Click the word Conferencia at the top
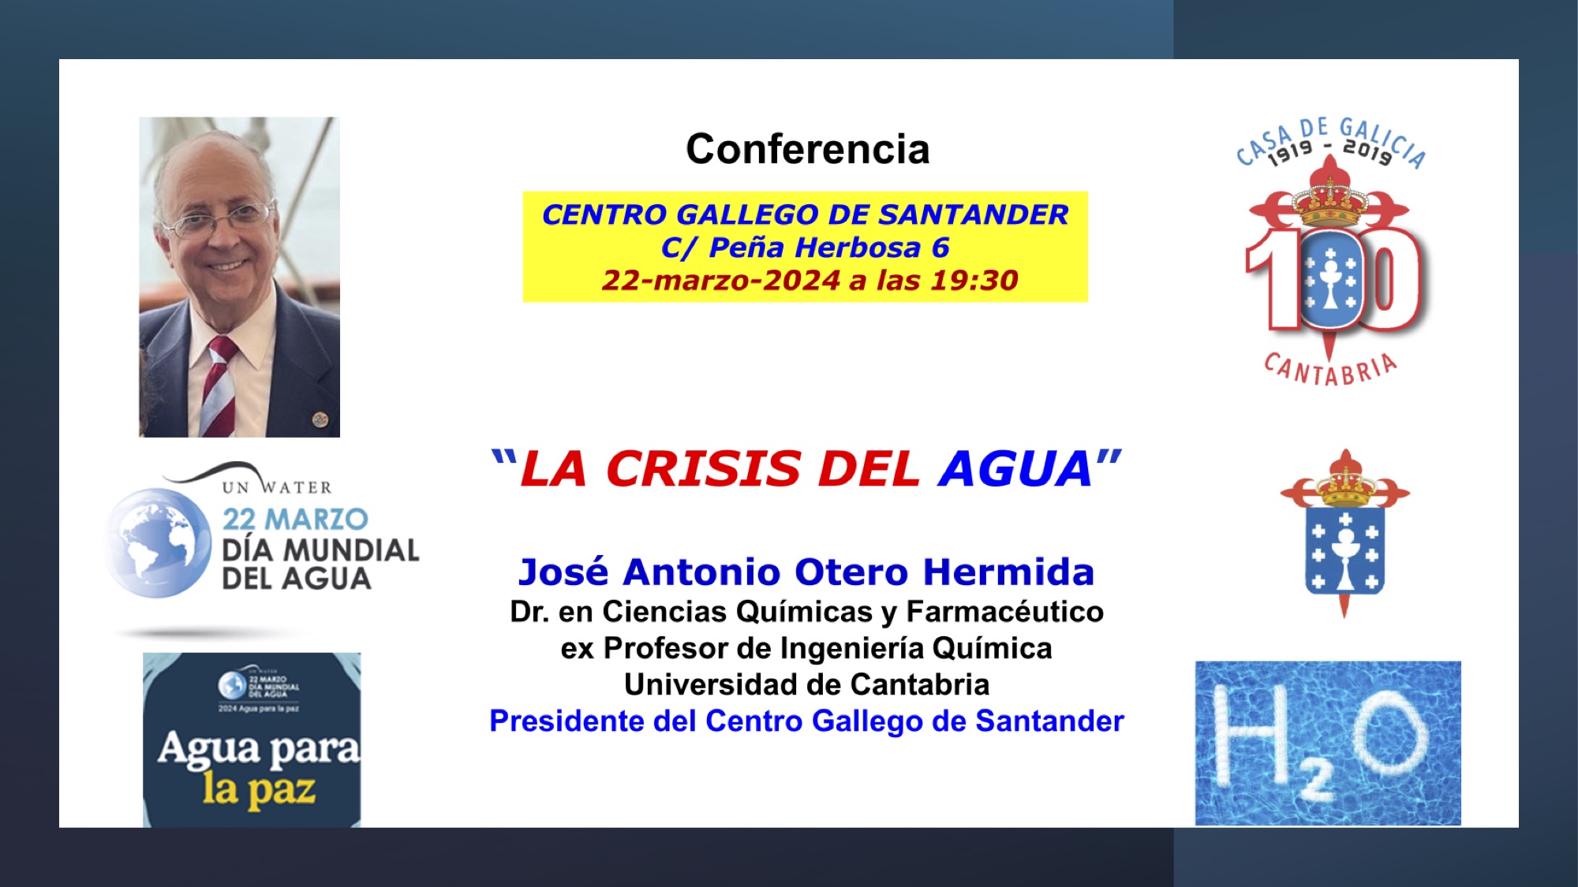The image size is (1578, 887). [x=807, y=149]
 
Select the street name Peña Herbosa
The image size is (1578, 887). [x=814, y=248]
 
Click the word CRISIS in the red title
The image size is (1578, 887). [x=703, y=469]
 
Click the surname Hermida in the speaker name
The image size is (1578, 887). [x=1008, y=572]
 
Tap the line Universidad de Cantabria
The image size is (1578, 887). [x=806, y=684]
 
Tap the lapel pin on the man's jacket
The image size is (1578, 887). [x=320, y=419]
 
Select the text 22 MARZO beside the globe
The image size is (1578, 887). [x=295, y=520]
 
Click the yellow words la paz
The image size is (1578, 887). [x=259, y=789]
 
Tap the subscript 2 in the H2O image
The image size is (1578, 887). [x=1315, y=782]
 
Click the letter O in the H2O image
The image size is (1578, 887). [x=1392, y=736]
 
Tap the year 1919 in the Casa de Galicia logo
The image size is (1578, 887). [x=1290, y=151]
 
